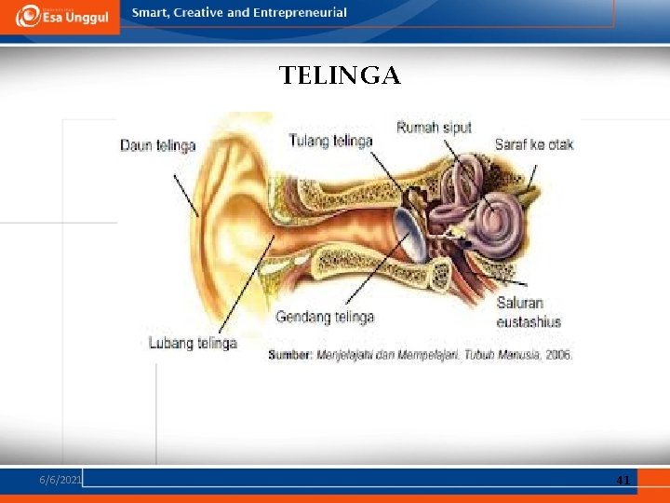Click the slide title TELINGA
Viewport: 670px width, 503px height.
340,75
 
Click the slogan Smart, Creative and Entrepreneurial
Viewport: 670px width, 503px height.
239,13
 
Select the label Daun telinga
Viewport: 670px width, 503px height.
157,145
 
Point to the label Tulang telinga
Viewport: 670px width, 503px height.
330,141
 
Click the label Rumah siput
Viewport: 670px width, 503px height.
434,128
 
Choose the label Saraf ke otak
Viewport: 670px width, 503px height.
534,144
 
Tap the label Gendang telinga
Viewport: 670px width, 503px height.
325,317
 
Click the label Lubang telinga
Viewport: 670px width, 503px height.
193,343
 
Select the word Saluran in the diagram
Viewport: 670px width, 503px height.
520,303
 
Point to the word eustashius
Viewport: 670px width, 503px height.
529,321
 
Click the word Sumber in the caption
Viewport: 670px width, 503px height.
289,355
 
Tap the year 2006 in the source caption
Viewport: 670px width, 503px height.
557,355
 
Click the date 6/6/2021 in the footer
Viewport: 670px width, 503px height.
60,479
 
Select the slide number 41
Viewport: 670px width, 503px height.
623,480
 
